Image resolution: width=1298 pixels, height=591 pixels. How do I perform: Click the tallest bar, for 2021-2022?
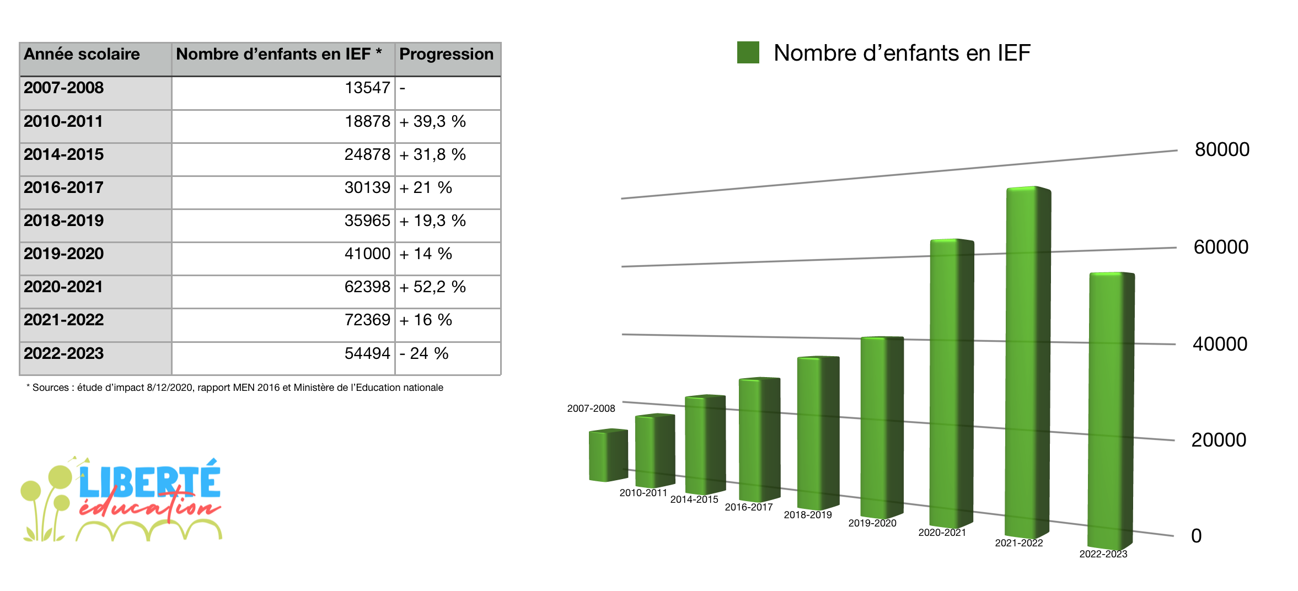[x=1028, y=362]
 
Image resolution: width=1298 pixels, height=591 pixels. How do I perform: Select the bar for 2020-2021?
[x=952, y=384]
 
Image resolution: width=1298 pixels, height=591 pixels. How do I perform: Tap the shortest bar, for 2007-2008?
[x=608, y=455]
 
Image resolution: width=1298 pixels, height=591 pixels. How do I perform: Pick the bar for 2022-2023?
[x=1111, y=411]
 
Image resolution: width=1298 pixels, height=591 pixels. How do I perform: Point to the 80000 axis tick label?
[x=1222, y=149]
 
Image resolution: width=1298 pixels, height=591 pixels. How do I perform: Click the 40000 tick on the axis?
[x=1220, y=344]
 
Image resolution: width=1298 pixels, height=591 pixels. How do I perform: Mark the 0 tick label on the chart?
[x=1196, y=536]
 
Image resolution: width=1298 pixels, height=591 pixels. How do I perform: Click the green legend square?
[x=748, y=53]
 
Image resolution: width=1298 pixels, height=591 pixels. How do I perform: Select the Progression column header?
[x=447, y=54]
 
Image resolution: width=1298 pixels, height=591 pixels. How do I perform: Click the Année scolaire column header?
[x=82, y=54]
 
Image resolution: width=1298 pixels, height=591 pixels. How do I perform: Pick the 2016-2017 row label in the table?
[x=63, y=187]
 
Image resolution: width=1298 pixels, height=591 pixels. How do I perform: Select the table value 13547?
[x=367, y=88]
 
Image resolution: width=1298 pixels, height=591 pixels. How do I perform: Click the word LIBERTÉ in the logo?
[x=149, y=480]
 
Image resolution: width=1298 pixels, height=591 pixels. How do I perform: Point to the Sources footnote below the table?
[x=235, y=388]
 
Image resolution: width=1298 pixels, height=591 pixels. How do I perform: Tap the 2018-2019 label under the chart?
[x=808, y=515]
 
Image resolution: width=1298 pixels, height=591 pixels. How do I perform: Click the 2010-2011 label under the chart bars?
[x=643, y=493]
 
